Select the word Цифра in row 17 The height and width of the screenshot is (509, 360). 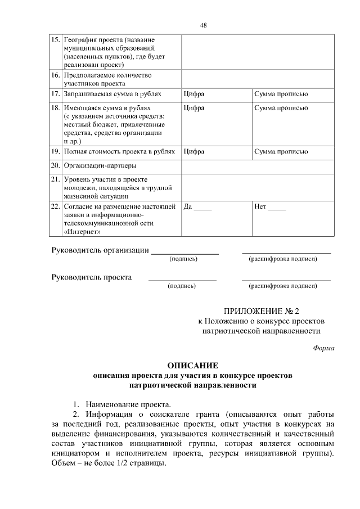point(194,93)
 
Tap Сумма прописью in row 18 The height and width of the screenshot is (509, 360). point(281,107)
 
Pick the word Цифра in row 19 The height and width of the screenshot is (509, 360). point(194,152)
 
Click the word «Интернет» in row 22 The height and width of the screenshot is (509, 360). point(84,232)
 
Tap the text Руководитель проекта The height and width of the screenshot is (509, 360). point(92,277)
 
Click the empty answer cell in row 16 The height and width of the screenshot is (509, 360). point(258,79)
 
